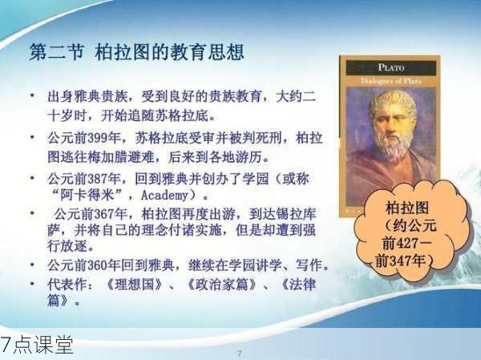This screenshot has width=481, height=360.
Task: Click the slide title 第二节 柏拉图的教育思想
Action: pos(136,52)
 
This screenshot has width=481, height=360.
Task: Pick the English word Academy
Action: pos(164,196)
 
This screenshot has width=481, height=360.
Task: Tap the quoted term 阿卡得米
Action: pos(87,195)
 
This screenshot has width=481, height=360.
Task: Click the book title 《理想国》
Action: pos(134,284)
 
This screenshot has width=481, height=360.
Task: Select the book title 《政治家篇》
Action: pos(222,284)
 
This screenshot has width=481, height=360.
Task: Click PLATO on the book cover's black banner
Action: pos(391,67)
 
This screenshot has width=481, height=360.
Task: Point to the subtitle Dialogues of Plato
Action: pos(391,81)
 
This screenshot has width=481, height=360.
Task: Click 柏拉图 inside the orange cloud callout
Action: pos(406,208)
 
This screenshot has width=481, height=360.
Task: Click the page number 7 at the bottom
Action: pos(240,353)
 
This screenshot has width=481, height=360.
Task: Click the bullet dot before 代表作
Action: pos(33,284)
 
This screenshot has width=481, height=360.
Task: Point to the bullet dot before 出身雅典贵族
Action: pos(33,95)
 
